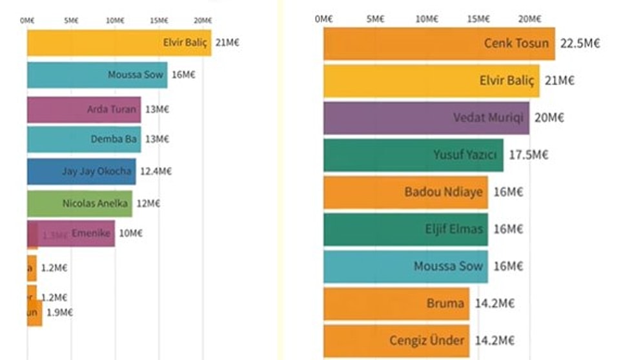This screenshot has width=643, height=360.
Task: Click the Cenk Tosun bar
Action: point(439,44)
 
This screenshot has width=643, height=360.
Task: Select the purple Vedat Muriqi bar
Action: point(426,118)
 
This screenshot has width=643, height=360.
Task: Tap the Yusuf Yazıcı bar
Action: point(413,155)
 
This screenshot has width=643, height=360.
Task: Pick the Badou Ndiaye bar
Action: point(405,192)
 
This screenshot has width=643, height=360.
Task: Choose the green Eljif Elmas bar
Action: point(405,230)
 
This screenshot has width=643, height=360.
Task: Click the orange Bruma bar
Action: point(396,304)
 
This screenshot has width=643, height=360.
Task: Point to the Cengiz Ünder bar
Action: point(396,341)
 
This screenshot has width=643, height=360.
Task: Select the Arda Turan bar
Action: point(84,110)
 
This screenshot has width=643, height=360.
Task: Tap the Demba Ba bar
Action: point(84,139)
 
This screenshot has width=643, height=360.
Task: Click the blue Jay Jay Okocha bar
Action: point(81,172)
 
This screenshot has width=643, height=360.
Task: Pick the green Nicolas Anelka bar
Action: point(79,204)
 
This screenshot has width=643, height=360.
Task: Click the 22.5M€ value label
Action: point(580,44)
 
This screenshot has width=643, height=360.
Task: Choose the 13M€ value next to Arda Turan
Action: point(158,110)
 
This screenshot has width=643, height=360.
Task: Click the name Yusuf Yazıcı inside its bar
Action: point(465,155)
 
